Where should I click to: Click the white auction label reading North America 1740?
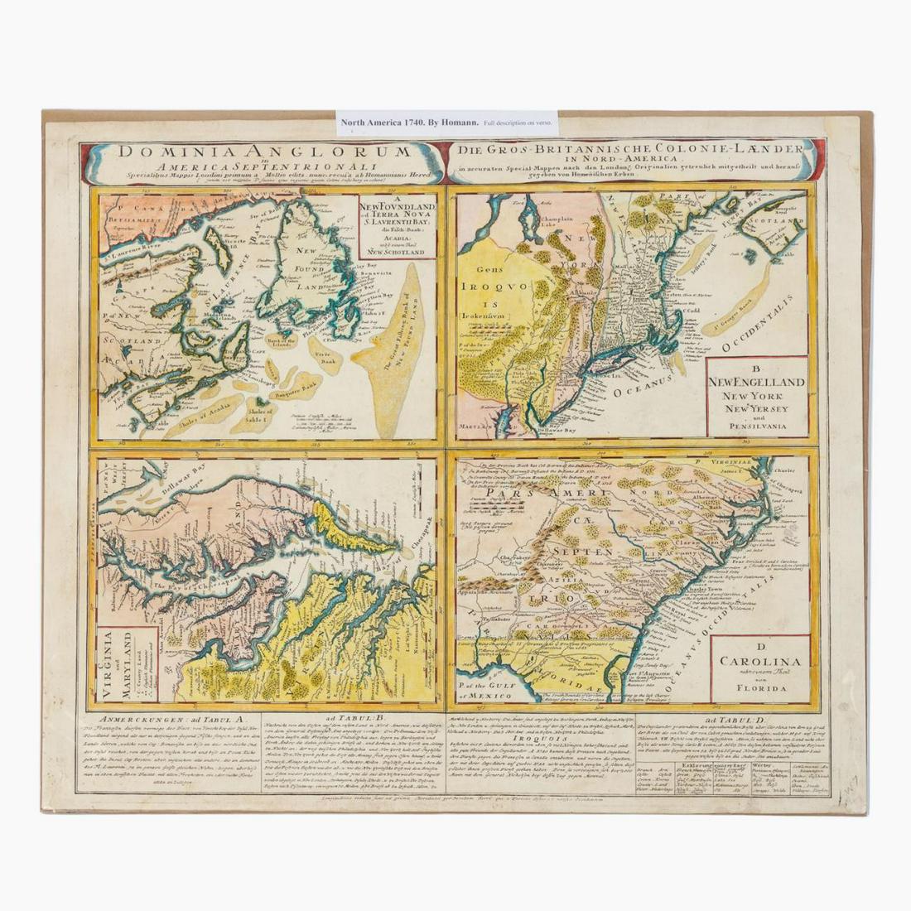(447, 123)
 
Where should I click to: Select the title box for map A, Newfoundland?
(397, 224)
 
